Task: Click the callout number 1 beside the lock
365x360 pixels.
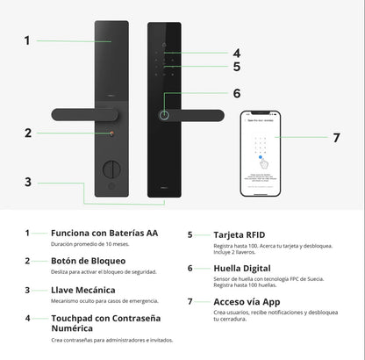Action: point(27,40)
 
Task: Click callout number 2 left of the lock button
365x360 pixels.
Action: point(27,133)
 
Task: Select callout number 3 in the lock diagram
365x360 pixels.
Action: point(27,182)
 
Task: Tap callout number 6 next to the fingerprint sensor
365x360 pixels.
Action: point(237,93)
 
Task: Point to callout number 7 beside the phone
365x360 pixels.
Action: point(336,138)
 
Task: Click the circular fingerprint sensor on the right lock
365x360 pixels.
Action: point(165,116)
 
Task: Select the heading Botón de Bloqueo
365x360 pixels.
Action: point(88,261)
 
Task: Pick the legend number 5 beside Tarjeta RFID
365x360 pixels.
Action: point(190,235)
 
